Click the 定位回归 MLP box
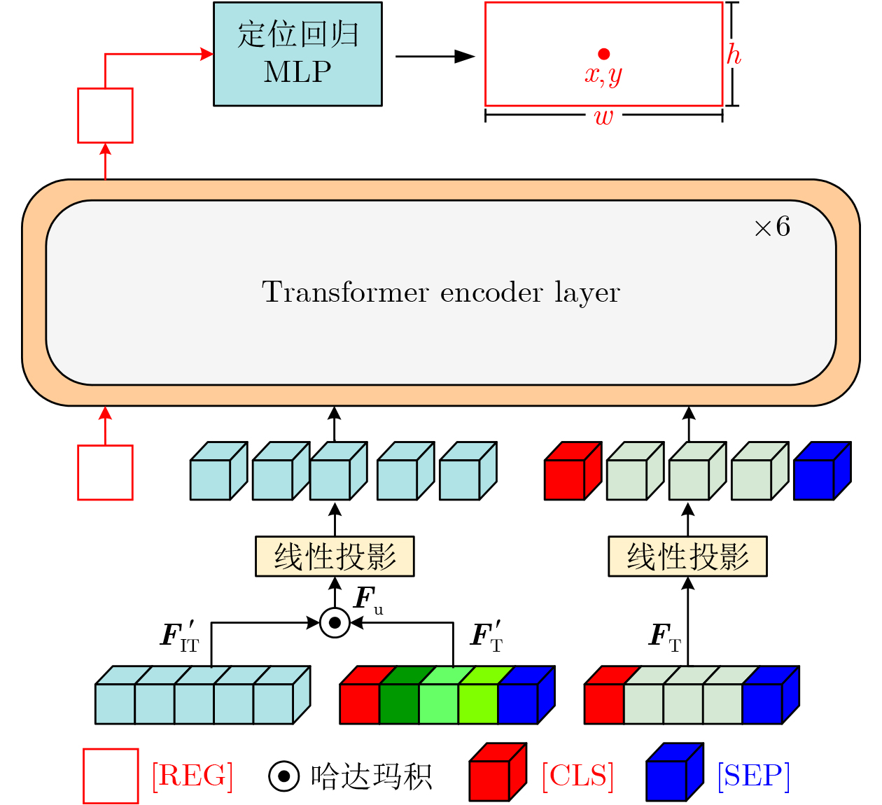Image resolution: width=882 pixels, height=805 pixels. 297,54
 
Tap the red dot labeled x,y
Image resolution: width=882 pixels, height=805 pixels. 603,54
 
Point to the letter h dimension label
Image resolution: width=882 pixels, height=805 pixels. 733,55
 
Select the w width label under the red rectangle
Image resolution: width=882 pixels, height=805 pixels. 603,117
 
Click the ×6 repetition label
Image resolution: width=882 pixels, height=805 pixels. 771,227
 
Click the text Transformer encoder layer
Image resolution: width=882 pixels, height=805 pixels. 441,293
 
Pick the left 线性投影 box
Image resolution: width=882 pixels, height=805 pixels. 335,556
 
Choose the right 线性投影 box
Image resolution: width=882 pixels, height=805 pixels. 687,556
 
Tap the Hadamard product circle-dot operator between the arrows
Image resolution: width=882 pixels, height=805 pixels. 335,622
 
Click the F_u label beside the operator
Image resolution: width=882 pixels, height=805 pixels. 368,600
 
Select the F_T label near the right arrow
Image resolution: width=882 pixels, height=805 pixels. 664,636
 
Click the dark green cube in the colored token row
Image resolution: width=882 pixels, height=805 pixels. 399,703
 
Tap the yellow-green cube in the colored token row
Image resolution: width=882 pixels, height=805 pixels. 478,703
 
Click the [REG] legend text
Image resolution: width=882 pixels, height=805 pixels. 192,776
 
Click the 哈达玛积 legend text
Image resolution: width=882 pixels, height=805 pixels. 371,776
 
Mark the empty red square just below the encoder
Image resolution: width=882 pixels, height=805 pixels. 105,472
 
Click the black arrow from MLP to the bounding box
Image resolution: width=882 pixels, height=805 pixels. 434,57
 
